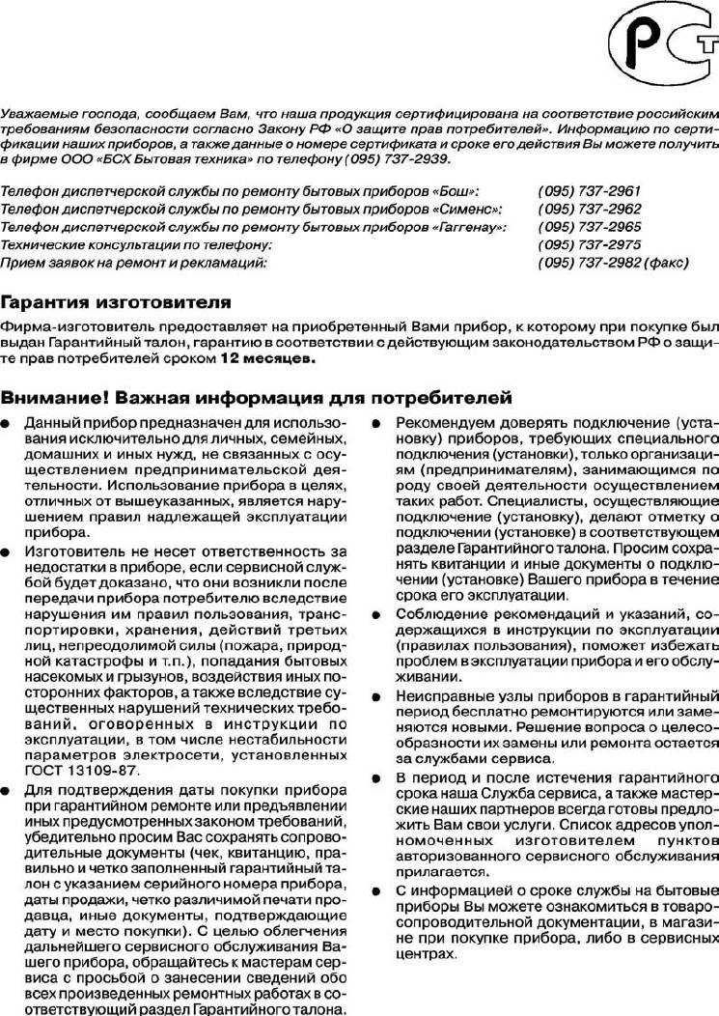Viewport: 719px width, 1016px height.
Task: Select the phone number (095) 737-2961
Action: [590, 191]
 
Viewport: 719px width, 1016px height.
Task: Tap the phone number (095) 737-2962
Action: [590, 209]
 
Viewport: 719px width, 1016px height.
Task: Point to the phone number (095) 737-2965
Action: [590, 226]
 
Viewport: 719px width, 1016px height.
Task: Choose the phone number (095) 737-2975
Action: [590, 244]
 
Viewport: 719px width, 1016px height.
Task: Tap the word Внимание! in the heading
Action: [53, 398]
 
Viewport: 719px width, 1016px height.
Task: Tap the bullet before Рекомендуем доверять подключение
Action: [377, 424]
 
